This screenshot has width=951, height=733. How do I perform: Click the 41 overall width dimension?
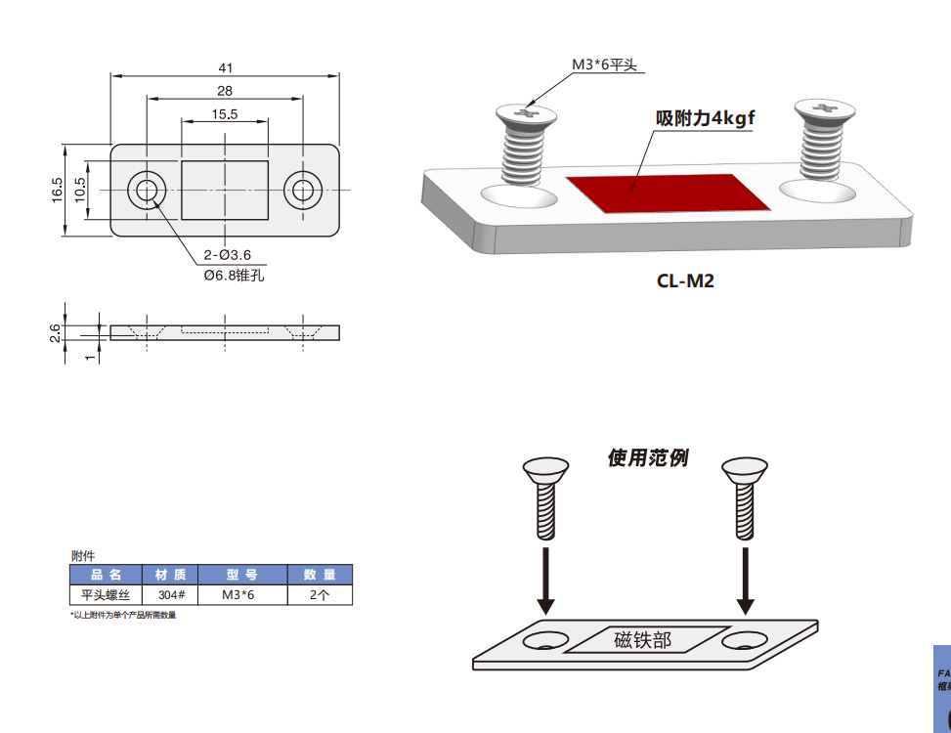[226, 67]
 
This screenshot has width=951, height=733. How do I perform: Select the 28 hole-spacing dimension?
[225, 91]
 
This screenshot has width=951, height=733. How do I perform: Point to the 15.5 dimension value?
[225, 114]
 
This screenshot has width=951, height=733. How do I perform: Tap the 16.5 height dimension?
[58, 190]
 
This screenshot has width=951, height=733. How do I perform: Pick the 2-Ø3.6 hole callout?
[228, 255]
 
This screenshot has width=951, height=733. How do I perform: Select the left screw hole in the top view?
[147, 190]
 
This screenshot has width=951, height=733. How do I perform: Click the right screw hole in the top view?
[304, 190]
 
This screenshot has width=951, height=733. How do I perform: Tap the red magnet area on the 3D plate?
[666, 193]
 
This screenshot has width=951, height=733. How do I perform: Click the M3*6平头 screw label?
[604, 65]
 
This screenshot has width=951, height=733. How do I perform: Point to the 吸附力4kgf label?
[706, 118]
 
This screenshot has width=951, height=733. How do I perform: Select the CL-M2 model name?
[685, 281]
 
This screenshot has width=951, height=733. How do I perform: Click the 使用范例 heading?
[647, 457]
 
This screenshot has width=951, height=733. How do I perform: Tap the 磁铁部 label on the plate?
[642, 640]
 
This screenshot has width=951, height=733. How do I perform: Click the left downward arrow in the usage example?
[547, 582]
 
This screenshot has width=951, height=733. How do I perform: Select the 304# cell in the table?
[171, 594]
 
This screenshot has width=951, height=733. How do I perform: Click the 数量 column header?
[319, 575]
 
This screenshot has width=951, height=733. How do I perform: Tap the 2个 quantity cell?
[319, 594]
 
